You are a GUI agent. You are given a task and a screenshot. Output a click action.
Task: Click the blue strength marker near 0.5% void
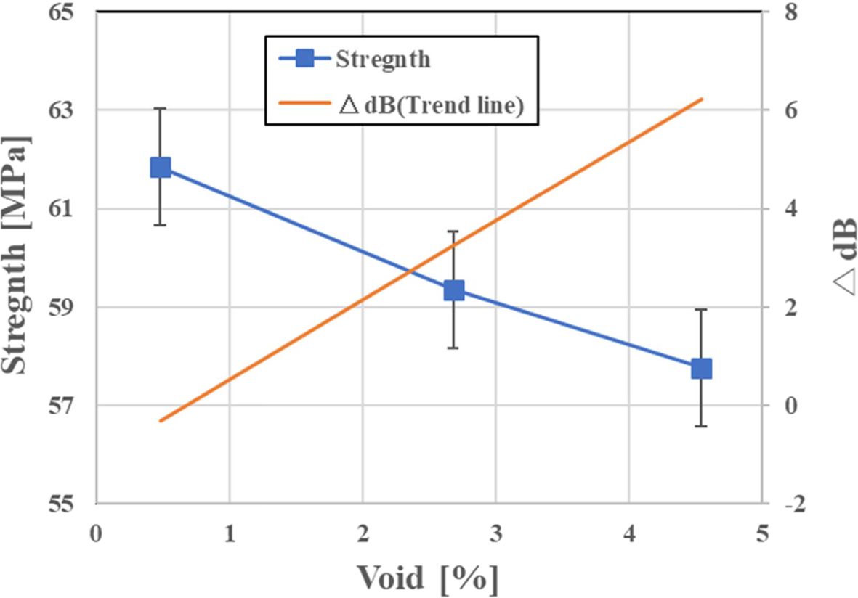coord(161,168)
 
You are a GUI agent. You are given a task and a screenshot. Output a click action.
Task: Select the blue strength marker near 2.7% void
coord(454,290)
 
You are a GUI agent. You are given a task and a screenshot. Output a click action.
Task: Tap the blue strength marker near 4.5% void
coord(701,369)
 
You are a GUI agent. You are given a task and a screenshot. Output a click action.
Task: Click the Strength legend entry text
coord(383,59)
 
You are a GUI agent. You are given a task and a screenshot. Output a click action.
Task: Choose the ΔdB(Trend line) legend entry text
coord(432,107)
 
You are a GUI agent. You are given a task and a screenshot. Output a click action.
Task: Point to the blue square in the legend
coord(306,59)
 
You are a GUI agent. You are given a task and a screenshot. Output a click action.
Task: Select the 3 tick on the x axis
coord(495,534)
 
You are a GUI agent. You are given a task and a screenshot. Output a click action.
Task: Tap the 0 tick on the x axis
coord(96,534)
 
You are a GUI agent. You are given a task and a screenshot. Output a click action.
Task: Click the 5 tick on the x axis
coord(761,534)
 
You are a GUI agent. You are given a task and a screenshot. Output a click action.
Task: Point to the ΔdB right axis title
coord(842,258)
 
